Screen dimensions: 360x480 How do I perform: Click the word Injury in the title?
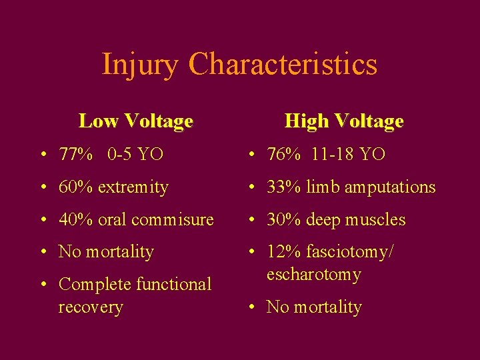[141, 65]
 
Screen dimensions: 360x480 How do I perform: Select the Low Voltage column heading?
[135, 121]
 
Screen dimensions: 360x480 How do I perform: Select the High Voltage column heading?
[343, 121]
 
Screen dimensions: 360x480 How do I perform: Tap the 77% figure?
[76, 155]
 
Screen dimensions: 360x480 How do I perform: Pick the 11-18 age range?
[333, 155]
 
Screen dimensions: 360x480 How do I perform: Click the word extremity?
[133, 187]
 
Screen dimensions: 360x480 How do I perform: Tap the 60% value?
[76, 187]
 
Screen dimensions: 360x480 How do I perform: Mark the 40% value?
[76, 219]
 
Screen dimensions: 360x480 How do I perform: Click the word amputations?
[389, 187]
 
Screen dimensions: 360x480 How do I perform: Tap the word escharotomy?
[313, 275]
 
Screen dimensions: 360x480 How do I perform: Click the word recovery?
[91, 307]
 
